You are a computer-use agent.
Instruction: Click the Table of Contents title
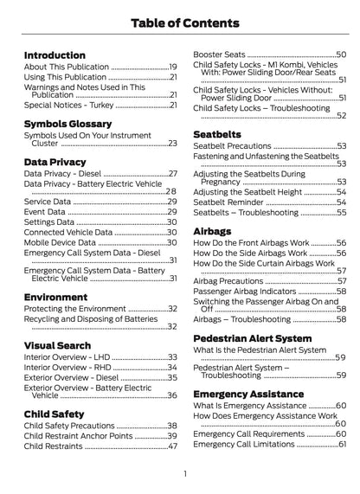[x=179, y=22]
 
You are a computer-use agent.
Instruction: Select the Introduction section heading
[x=55, y=55]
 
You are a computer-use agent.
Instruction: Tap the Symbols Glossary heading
[x=71, y=124]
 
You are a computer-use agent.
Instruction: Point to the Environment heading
[x=55, y=297]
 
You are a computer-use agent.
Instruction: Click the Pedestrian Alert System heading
[x=252, y=338]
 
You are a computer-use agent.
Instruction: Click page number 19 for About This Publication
[x=172, y=67]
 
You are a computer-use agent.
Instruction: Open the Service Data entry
[x=48, y=201]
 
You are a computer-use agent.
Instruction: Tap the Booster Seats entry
[x=217, y=54]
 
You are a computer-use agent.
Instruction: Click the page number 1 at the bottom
[x=184, y=473]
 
